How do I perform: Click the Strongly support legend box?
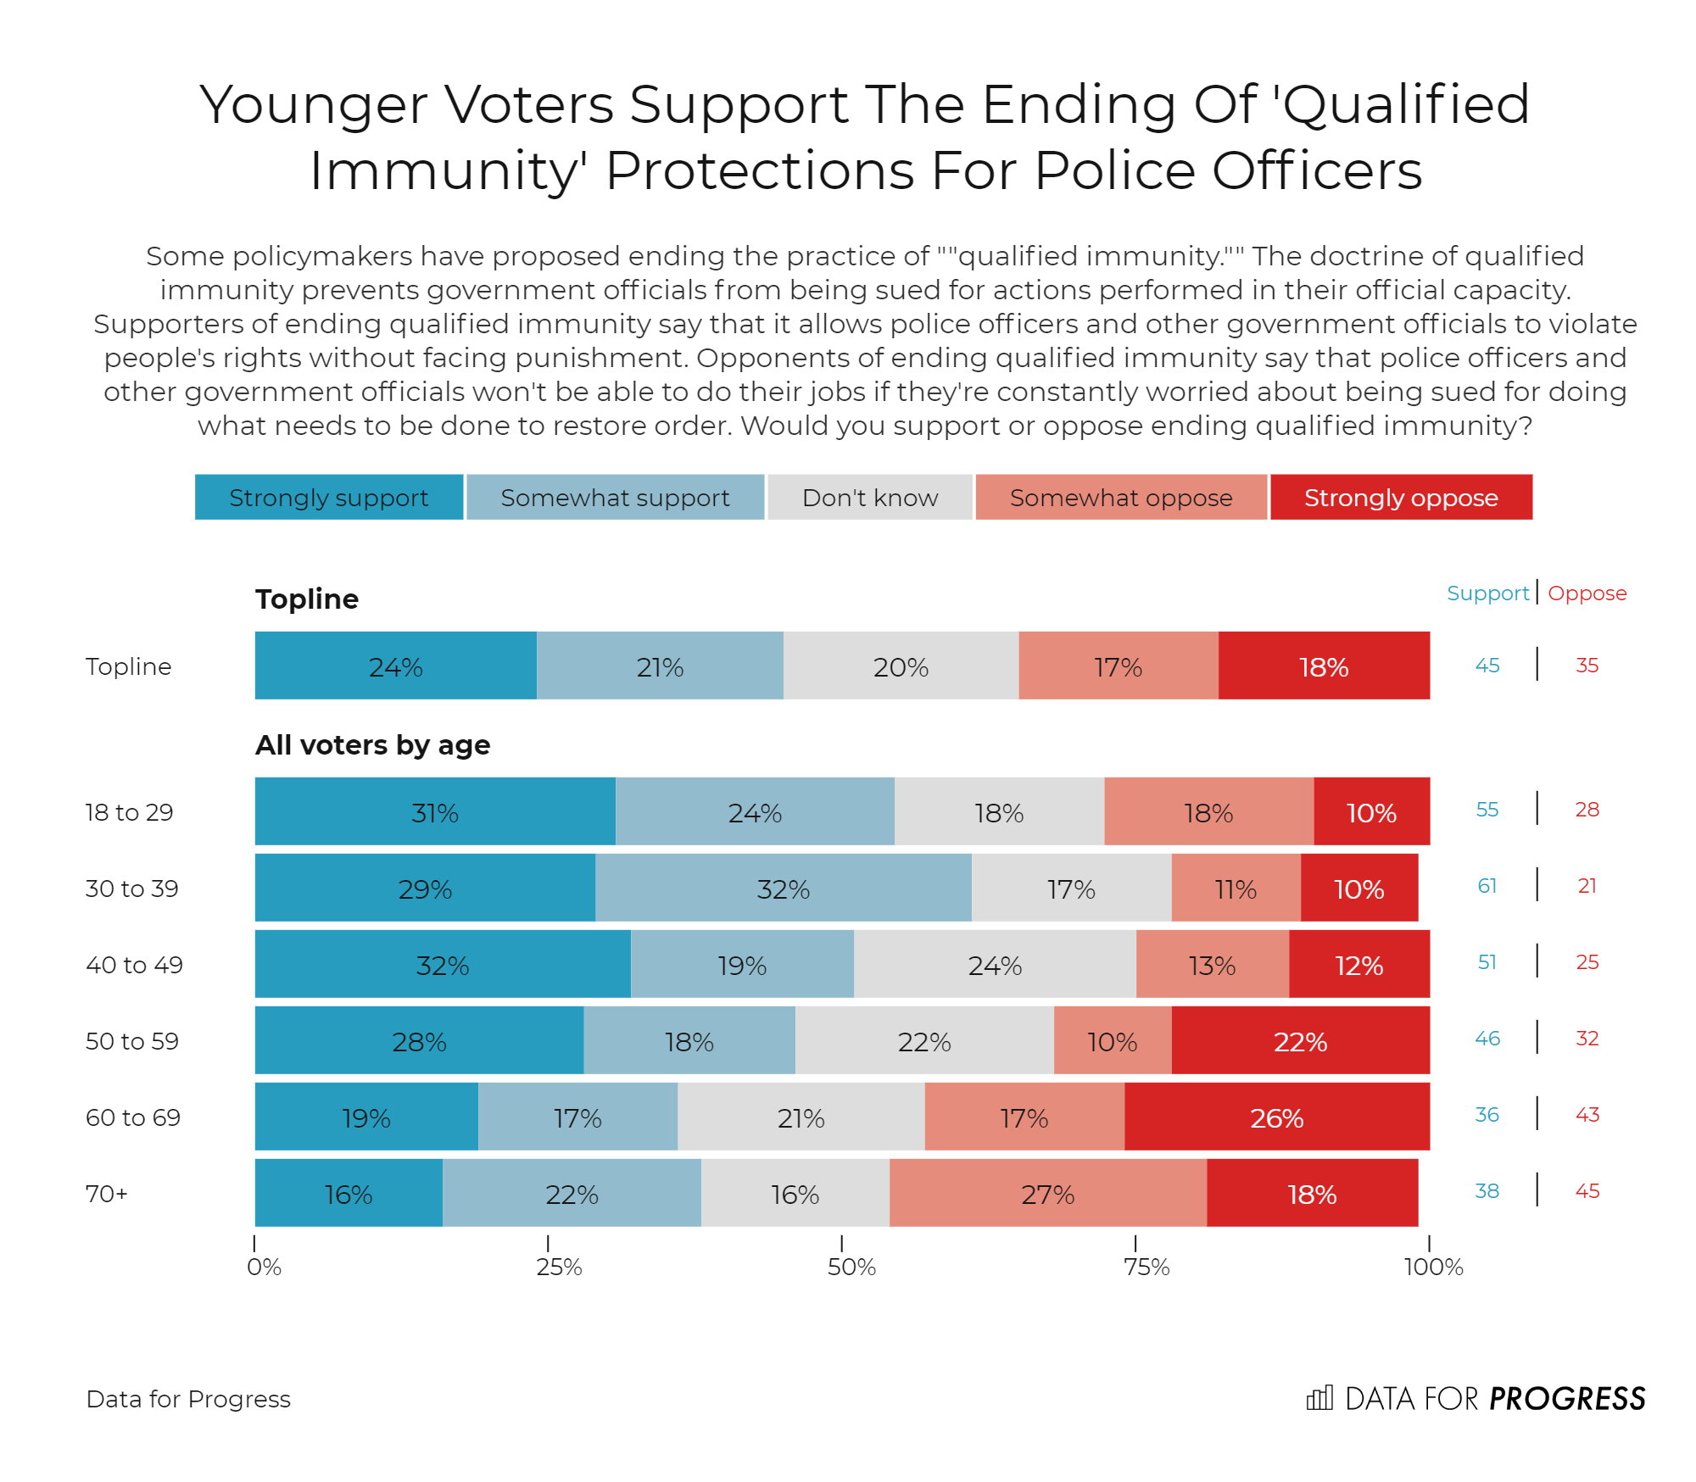pos(329,497)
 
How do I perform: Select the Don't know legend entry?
pos(870,497)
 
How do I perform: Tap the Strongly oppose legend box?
pos(1401,497)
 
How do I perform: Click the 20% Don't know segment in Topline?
pos(901,666)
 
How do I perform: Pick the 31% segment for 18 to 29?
pos(435,812)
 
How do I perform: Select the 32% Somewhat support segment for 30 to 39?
pos(783,889)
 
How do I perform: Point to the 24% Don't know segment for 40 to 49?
pos(995,965)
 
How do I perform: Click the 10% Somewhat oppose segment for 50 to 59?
pos(1113,1041)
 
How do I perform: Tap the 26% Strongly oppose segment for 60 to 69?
pos(1277,1117)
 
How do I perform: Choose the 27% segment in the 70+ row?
pos(1048,1194)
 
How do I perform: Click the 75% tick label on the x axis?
pos(1146,1267)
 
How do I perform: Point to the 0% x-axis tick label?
pos(264,1267)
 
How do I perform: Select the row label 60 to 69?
pos(133,1117)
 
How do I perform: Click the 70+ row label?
pos(107,1194)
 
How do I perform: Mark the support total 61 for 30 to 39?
pos(1487,886)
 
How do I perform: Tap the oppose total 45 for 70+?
pos(1587,1191)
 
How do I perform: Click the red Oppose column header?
pos(1587,593)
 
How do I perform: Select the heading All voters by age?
pos(373,745)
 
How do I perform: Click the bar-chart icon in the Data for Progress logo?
pos(1319,1398)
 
